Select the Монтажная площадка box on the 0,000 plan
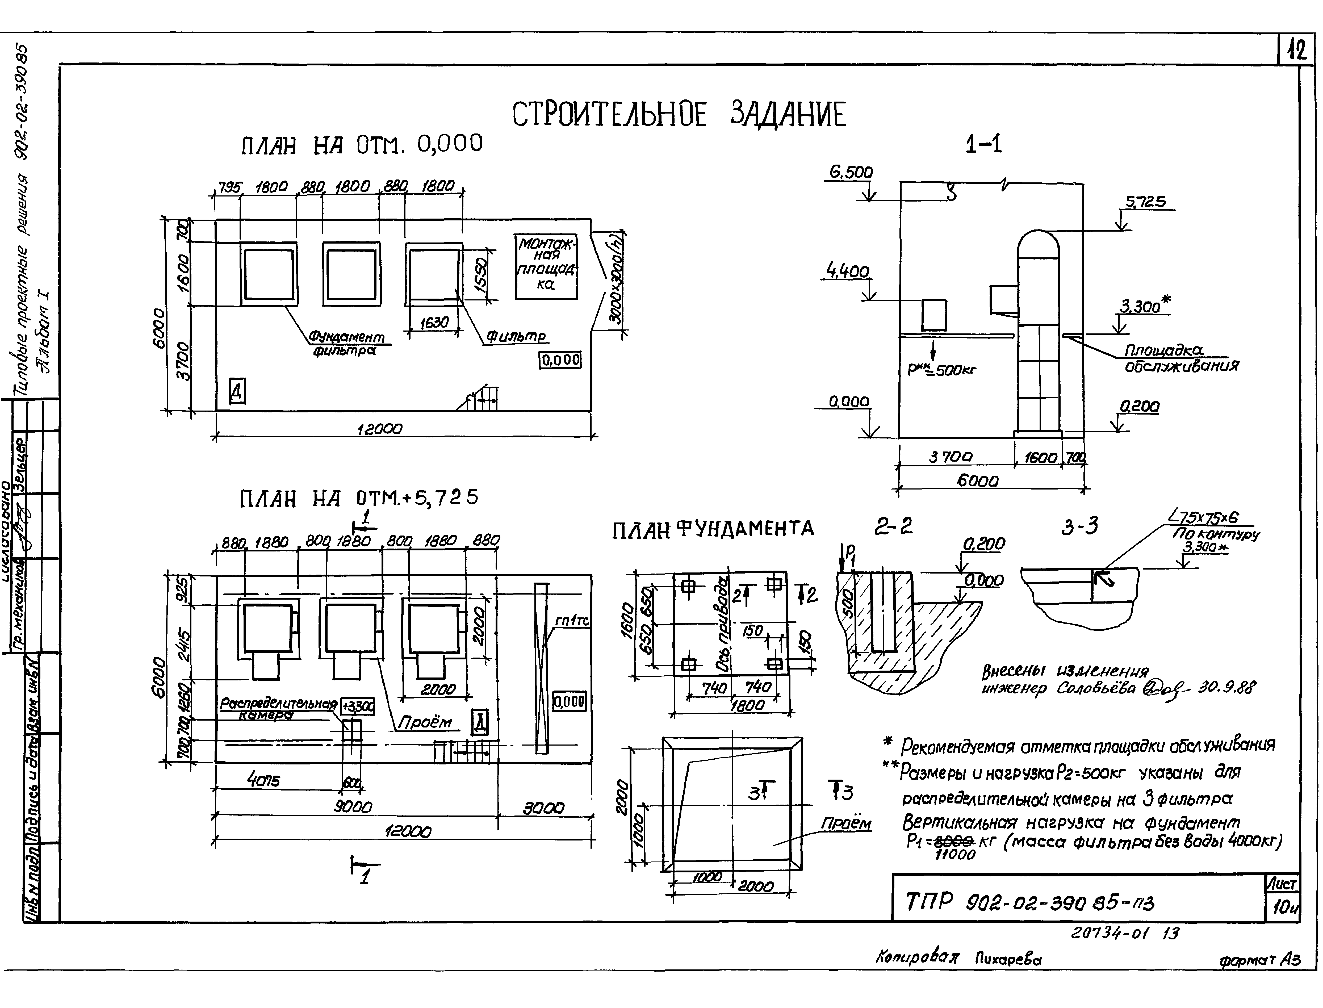[x=546, y=266]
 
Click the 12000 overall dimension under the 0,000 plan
[x=380, y=429]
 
